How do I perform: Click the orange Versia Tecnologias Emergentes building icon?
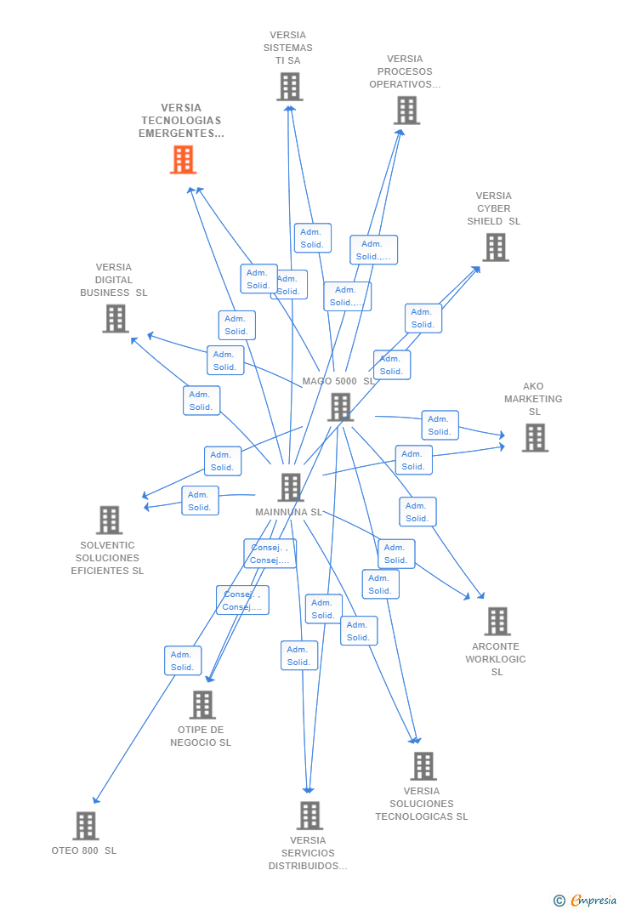tap(183, 160)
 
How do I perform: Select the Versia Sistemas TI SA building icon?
tap(290, 87)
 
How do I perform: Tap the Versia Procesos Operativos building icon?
tap(406, 111)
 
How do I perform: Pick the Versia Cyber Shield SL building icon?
tap(495, 247)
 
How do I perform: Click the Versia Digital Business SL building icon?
tap(115, 319)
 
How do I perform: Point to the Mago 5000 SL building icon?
tap(340, 407)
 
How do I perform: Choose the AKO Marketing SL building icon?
tap(534, 438)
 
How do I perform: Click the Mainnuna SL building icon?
tap(291, 487)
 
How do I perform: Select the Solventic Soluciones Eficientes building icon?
tap(109, 520)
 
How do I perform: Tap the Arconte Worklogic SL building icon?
tap(497, 622)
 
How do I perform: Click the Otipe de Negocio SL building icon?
tap(202, 705)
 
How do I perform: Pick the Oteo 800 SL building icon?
tap(85, 826)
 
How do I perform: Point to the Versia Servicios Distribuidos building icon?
tap(309, 816)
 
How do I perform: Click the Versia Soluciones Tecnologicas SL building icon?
tap(423, 766)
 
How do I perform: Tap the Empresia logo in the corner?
tap(593, 900)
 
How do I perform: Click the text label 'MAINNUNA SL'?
tap(289, 513)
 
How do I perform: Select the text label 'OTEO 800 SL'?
tap(84, 850)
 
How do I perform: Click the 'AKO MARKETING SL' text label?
tap(533, 399)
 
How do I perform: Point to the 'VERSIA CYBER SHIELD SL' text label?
tap(494, 208)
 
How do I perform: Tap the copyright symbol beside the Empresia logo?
tap(559, 900)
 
